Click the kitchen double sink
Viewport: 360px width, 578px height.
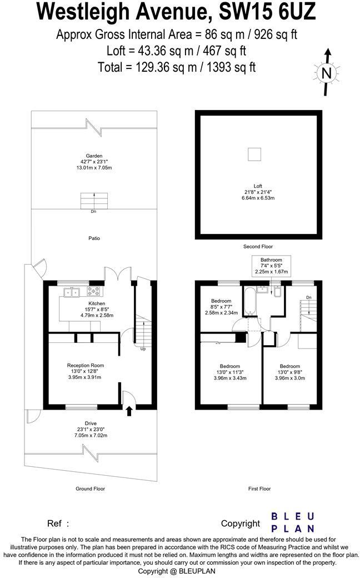coord(72,292)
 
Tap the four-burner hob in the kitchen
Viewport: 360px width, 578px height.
coord(93,292)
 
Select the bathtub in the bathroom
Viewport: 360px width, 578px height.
coord(249,300)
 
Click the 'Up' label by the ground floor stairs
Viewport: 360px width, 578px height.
coord(143,349)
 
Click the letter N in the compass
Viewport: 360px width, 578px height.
coord(327,73)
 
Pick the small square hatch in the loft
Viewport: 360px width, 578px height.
coord(255,155)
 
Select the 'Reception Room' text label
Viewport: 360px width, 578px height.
coord(86,365)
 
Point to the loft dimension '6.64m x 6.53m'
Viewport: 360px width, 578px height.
coord(258,198)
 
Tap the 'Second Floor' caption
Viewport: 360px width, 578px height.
coord(258,246)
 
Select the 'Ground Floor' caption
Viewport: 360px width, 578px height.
coord(90,489)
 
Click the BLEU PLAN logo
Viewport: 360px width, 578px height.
coord(293,522)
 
